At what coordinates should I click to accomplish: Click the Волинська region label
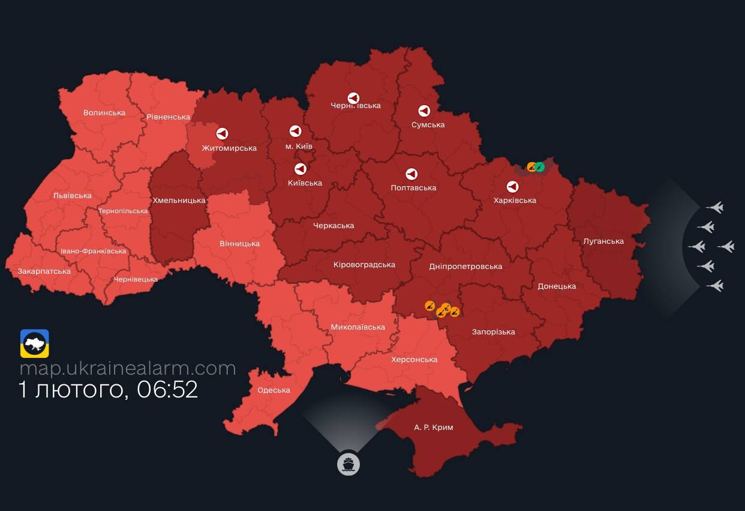104,112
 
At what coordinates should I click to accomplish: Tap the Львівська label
72,195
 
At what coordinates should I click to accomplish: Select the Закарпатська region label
44,271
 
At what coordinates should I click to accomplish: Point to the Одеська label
274,390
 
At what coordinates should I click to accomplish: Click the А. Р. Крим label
434,427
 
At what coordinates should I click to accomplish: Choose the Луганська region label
603,241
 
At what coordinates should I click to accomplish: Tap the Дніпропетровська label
465,266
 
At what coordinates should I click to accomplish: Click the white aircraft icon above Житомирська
222,134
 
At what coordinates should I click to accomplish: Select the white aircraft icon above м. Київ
295,131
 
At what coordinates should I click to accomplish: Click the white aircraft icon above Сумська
424,111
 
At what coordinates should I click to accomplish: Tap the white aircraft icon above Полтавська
411,174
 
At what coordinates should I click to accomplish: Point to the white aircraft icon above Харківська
512,187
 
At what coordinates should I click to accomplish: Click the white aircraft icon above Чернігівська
354,98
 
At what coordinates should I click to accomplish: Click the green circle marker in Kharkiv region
540,166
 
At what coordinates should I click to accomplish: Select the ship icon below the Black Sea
348,464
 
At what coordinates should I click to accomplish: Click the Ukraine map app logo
35,343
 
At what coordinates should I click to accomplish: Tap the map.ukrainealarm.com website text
128,367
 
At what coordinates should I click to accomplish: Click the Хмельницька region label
179,200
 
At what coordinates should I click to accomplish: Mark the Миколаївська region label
358,327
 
